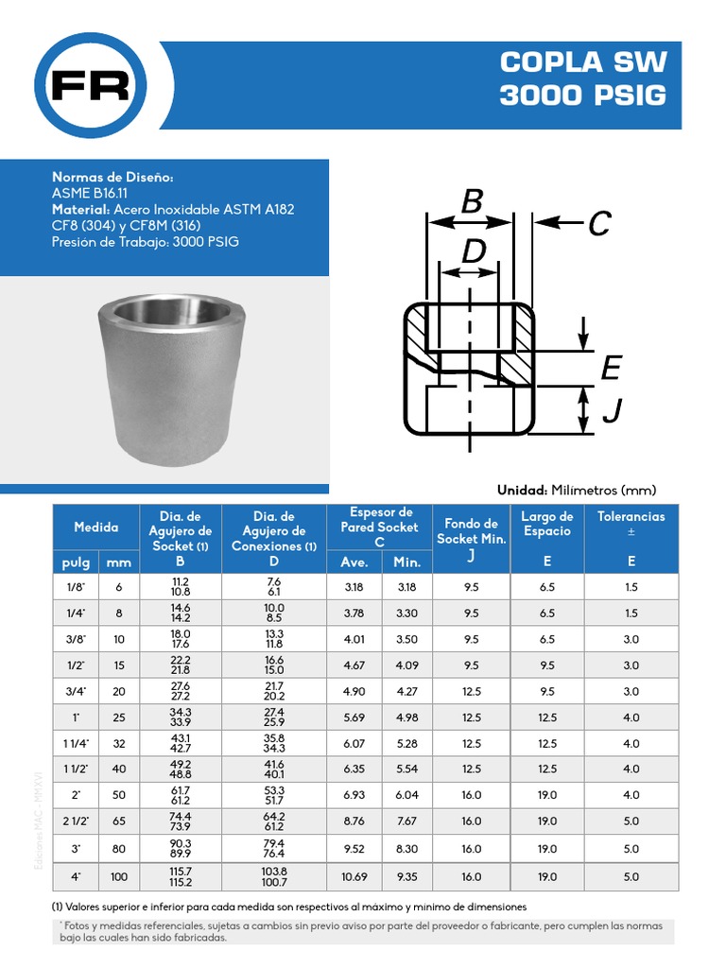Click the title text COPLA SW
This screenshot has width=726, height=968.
[x=583, y=62]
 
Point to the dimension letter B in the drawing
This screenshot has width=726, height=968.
[x=473, y=201]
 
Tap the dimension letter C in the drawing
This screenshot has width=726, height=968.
[x=598, y=224]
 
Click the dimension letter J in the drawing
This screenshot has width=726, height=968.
[x=612, y=410]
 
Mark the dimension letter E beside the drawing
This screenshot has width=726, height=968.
[x=611, y=368]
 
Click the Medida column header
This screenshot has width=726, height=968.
[x=95, y=527]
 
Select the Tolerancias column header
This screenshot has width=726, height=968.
[x=631, y=516]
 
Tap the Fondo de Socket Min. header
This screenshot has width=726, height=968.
[x=471, y=531]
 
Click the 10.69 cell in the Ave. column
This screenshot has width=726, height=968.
[x=354, y=876]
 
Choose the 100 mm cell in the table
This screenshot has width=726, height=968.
[x=119, y=876]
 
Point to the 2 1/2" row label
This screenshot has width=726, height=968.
[x=75, y=821]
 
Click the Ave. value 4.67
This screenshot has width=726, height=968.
[x=354, y=665]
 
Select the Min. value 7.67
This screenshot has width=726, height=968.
[x=406, y=821]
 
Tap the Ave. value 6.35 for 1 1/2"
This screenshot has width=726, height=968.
[x=354, y=769]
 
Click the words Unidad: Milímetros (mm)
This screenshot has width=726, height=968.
[x=576, y=490]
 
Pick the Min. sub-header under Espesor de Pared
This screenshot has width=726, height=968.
[x=406, y=562]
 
